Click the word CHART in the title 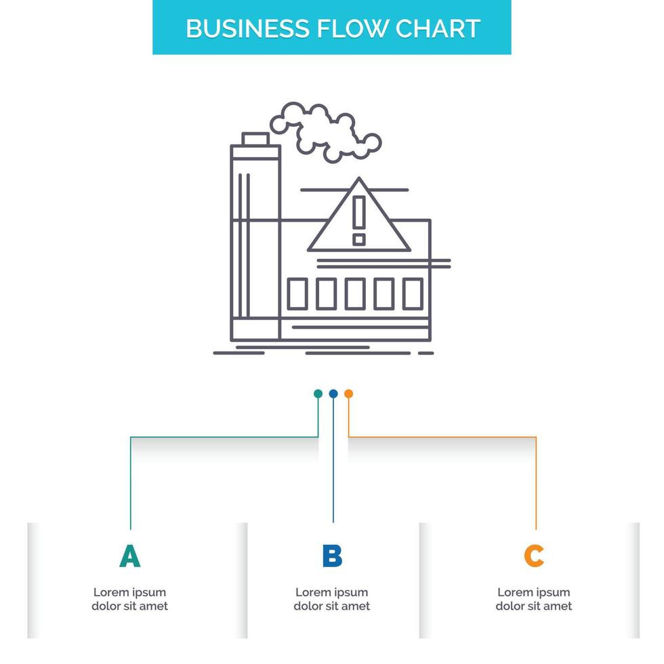click(438, 28)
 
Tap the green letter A click(129, 556)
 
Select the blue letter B click(332, 556)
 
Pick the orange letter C click(534, 556)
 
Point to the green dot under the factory click(318, 394)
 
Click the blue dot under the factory click(333, 394)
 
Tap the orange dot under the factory click(348, 394)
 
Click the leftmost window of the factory click(297, 293)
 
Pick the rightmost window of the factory click(413, 293)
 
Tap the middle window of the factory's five click(355, 293)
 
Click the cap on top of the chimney click(255, 140)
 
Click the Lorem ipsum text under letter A click(129, 599)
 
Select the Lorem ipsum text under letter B click(332, 599)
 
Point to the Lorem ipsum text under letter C click(534, 599)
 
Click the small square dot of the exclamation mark click(359, 239)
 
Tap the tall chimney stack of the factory click(255, 244)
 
